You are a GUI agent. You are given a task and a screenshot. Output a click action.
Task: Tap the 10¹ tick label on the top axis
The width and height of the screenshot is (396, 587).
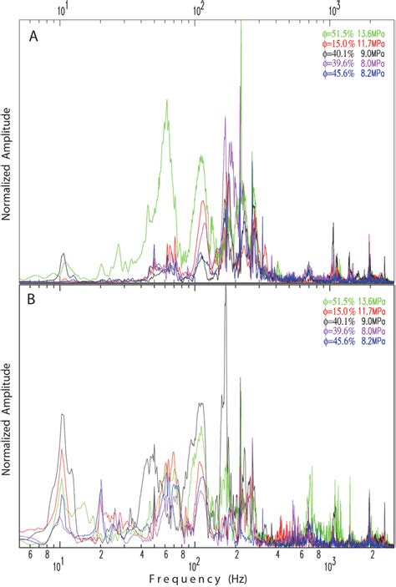click(x=62, y=9)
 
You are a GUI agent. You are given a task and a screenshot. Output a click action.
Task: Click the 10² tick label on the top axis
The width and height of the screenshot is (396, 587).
click(x=199, y=9)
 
